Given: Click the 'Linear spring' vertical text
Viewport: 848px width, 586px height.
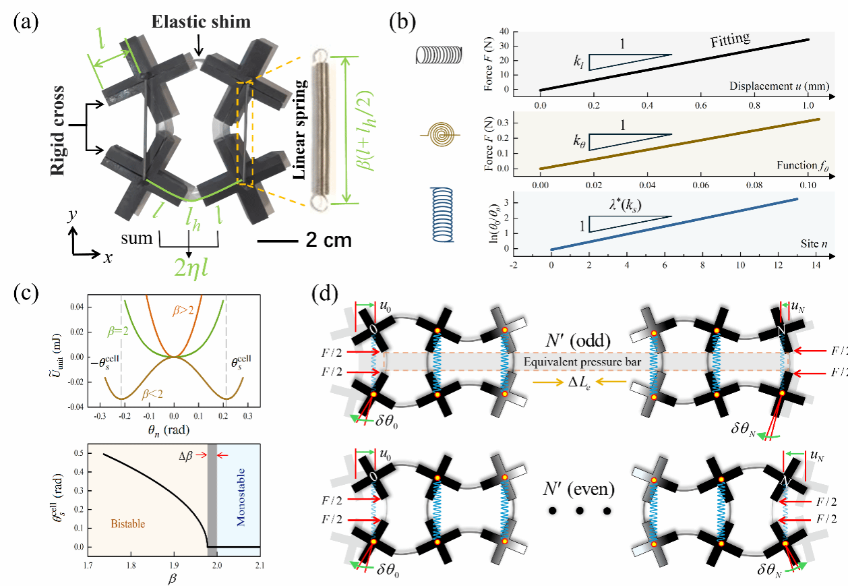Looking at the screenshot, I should click(300, 128).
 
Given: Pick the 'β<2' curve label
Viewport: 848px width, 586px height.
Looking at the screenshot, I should click(159, 397).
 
